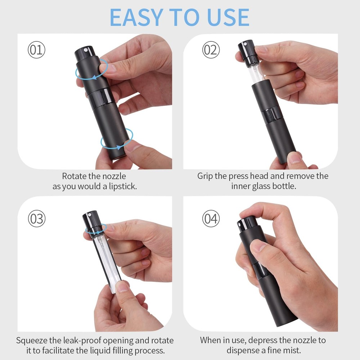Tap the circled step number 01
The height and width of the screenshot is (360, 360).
point(36,50)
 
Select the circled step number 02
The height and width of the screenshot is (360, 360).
point(211,50)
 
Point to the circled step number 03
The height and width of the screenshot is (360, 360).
point(36,219)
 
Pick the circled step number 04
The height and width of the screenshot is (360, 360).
point(211,219)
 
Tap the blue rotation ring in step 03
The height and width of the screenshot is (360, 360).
point(96,229)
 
